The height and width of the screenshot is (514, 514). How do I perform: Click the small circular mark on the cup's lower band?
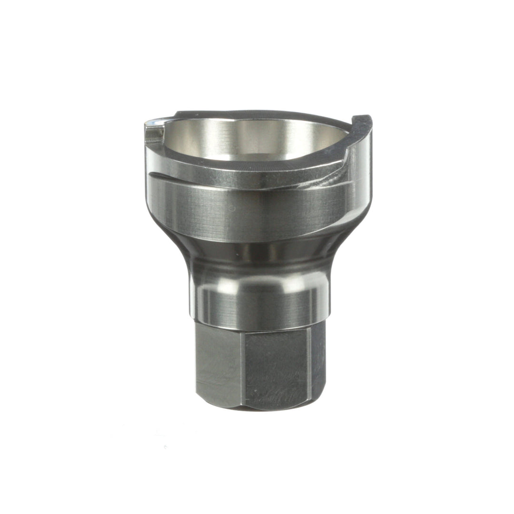[232, 208]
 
